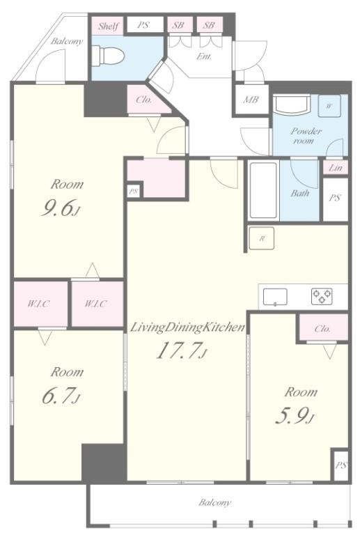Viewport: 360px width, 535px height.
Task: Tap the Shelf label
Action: pyautogui.click(x=108, y=26)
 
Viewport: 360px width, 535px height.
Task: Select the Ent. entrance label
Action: pyautogui.click(x=204, y=56)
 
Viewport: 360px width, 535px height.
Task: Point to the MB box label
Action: pyautogui.click(x=251, y=100)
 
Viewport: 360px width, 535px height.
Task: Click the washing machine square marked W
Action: pyautogui.click(x=329, y=106)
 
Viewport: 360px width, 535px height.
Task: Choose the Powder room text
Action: pyautogui.click(x=306, y=135)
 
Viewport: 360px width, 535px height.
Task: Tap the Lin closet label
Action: pyautogui.click(x=334, y=168)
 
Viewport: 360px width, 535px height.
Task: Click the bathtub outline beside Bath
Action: pyautogui.click(x=264, y=191)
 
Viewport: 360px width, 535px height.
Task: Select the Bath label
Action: pyautogui.click(x=299, y=193)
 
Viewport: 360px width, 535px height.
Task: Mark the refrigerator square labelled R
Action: pyautogui.click(x=263, y=238)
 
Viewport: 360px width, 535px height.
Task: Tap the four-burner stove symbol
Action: pyautogui.click(x=322, y=296)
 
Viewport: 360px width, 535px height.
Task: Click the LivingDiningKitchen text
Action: pyautogui.click(x=187, y=327)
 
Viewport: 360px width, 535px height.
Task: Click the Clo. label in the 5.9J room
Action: pyautogui.click(x=322, y=329)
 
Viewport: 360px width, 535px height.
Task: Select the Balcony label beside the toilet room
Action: pyautogui.click(x=67, y=41)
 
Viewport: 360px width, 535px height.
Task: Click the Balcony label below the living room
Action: pyautogui.click(x=215, y=502)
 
